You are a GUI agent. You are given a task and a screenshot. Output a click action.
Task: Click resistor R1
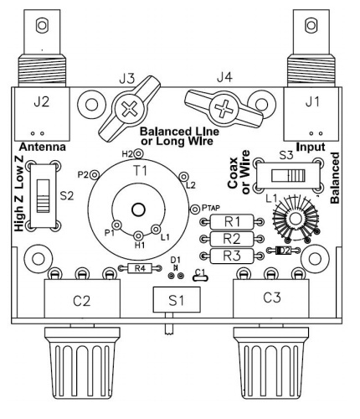[232, 222]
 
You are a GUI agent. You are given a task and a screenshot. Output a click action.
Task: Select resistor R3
[232, 256]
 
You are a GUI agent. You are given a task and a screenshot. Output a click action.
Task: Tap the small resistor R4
[140, 268]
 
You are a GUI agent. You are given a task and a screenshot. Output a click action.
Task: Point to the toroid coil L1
[296, 218]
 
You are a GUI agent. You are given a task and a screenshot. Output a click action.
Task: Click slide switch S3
[288, 175]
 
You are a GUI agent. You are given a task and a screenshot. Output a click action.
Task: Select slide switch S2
[44, 196]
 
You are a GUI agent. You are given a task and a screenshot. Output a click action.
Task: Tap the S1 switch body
[177, 299]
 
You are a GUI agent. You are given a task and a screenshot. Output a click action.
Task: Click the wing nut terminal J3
[130, 109]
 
